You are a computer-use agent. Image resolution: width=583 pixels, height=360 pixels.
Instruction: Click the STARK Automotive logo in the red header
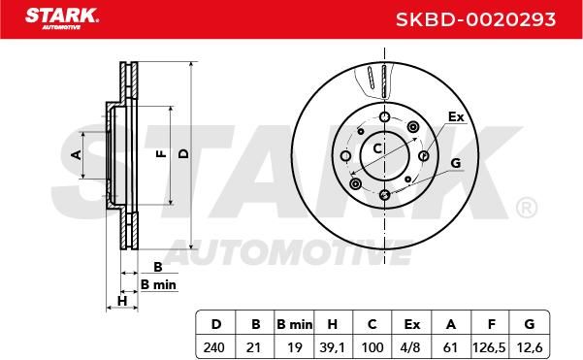coord(62,18)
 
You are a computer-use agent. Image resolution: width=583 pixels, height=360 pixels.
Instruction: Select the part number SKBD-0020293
coord(475,19)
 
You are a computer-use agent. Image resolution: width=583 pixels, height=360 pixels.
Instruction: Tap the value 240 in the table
coord(213,347)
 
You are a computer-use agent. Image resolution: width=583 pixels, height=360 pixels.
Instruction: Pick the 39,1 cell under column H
coord(332,347)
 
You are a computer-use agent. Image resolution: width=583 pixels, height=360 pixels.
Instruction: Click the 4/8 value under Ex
coord(411,347)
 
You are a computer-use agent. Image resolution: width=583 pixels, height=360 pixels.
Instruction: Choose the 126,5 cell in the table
coord(489,347)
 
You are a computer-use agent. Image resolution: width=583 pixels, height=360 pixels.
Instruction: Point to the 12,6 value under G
coord(530,347)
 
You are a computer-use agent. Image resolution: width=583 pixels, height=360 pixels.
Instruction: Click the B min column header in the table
coord(295,325)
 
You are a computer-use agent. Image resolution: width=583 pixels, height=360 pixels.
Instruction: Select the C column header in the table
coord(372,325)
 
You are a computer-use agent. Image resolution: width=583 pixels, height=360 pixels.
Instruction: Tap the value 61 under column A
coord(450,347)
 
